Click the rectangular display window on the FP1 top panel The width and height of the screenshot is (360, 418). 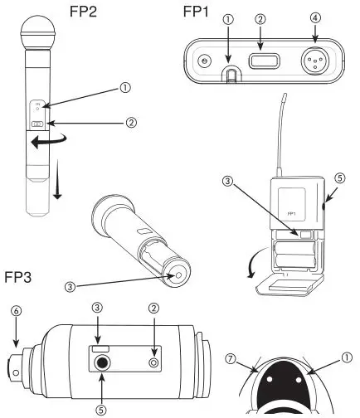tap(262, 61)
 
